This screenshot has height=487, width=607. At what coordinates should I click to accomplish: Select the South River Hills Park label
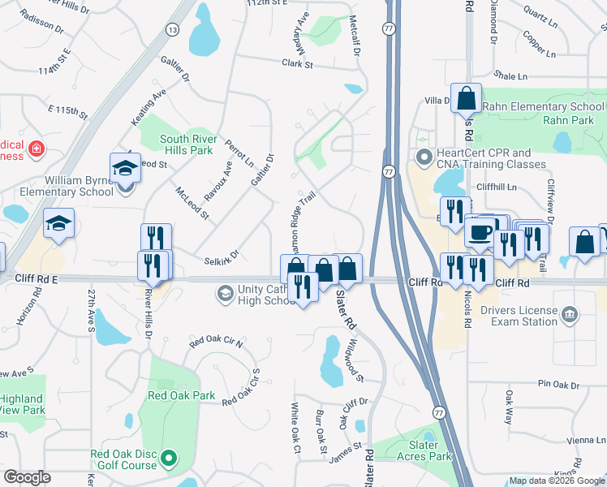[x=186, y=144]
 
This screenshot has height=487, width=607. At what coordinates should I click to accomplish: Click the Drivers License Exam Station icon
[x=570, y=314]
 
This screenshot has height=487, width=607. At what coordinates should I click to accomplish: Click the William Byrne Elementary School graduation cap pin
[x=126, y=167]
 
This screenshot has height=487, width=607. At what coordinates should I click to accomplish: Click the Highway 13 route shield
[x=172, y=29]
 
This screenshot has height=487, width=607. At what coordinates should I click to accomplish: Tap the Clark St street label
[x=297, y=62]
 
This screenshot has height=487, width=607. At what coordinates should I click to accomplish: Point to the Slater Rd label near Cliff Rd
[x=347, y=311]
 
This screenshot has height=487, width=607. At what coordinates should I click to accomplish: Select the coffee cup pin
[x=479, y=232]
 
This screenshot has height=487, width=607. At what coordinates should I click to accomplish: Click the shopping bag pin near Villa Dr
[x=467, y=98]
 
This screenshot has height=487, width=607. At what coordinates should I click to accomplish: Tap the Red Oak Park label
[x=182, y=396]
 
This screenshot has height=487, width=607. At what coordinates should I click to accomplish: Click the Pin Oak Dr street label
[x=555, y=383]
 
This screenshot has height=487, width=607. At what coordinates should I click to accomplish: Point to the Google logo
[x=27, y=477]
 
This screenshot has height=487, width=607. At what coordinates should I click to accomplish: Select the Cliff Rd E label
[x=37, y=278]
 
